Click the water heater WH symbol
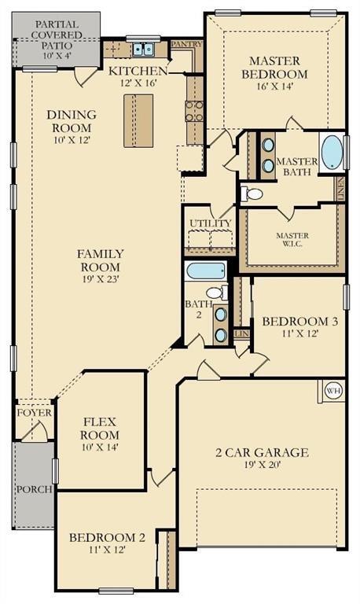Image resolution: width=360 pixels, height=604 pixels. tap(333, 391)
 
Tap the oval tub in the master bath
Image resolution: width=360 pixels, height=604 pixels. tap(332, 152)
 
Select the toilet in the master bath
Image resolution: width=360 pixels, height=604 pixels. tap(252, 194)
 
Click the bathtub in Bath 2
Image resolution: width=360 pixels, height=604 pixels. tap(205, 271)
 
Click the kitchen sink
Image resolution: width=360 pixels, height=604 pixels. tap(143, 50)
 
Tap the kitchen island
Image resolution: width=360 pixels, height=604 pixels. tap(138, 120)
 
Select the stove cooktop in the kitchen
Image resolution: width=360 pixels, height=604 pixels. tap(194, 112)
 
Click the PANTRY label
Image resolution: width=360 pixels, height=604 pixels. tap(187, 44)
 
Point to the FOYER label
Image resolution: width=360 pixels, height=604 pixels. tap(35, 413)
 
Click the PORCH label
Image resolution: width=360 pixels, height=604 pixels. tap(35, 489)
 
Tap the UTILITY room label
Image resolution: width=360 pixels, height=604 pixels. tap(211, 223)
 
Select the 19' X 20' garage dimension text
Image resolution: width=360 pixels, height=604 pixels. tap(263, 465)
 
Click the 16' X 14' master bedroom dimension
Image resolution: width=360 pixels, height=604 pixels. tap(275, 86)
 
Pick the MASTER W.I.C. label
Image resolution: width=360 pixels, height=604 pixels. tap(292, 239)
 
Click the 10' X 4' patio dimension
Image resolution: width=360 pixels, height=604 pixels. tap(57, 55)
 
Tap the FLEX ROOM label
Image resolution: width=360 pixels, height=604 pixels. tap(100, 429)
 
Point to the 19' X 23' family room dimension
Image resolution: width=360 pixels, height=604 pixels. tap(101, 279)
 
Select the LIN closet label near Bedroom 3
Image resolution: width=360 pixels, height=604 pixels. tap(242, 333)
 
